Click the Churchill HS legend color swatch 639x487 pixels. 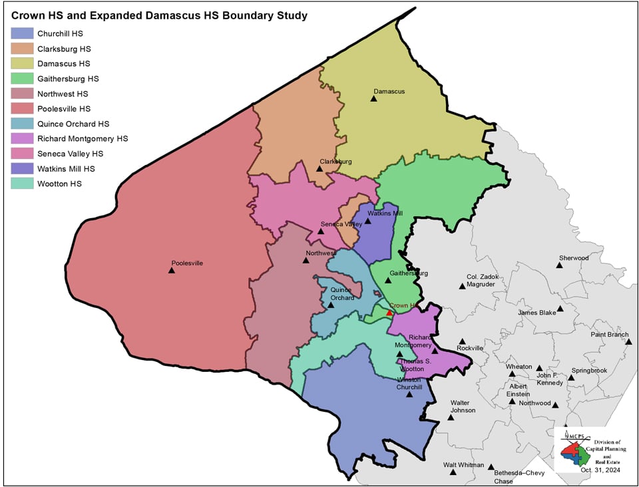coord(22,33)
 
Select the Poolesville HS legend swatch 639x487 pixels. coord(22,108)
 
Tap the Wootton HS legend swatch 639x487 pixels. coord(22,184)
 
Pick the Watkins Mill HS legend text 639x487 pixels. coord(67,169)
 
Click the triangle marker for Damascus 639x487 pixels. coord(373,99)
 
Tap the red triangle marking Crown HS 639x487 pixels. coord(389,313)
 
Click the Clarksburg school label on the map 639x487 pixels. coord(335,162)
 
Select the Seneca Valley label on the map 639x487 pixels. coord(341,224)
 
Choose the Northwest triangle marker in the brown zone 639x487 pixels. coord(306,260)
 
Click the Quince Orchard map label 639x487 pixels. coord(341,294)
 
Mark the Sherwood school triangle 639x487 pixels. coord(560,265)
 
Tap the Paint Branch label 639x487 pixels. coord(609,335)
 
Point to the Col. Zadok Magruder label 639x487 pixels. coord(481,280)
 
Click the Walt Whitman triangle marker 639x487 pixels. coord(453,473)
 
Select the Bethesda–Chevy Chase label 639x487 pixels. coord(513,477)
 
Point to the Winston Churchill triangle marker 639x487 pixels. coord(409,395)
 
